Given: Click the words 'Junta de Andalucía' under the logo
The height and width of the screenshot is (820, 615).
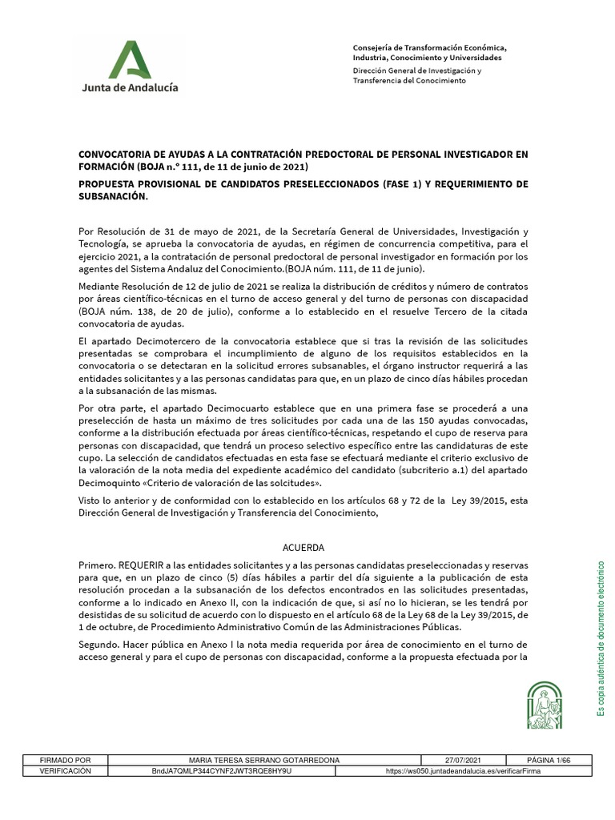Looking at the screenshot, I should coord(130,87).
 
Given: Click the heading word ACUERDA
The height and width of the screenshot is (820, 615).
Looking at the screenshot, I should coord(303,548).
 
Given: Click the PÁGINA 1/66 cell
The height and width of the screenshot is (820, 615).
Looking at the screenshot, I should coord(547,760).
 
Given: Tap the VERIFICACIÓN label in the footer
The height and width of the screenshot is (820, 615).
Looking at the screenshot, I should coord(66,771).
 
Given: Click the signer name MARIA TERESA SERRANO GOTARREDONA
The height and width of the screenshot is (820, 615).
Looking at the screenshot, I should coord(263,760).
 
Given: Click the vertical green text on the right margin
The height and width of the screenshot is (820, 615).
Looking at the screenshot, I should coord(601,638).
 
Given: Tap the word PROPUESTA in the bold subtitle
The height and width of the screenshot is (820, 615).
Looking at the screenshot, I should coord(108,184).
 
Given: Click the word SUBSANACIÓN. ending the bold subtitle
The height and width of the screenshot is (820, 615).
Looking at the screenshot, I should coord(113,196).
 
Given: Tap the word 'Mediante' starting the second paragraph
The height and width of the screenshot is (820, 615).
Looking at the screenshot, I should coord(101,286).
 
